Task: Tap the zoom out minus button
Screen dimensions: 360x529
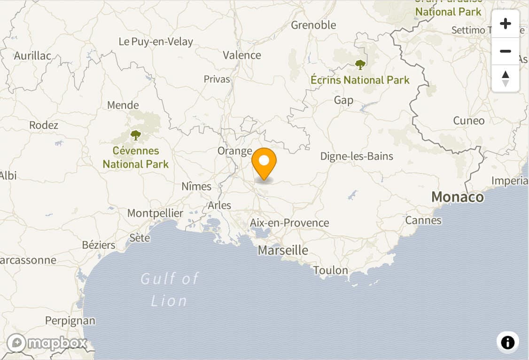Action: [x=506, y=51]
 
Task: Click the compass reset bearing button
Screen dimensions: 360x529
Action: [x=506, y=78]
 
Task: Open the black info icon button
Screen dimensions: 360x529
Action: [x=507, y=342]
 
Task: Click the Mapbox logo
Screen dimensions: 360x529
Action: [x=47, y=343]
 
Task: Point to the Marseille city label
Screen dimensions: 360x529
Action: [x=283, y=250]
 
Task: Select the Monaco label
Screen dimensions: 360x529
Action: [x=457, y=196]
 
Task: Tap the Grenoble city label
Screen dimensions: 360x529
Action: [x=313, y=25]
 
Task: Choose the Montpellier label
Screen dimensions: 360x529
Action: [x=155, y=213]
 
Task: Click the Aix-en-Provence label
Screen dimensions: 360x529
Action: [x=289, y=223]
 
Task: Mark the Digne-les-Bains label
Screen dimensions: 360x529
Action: [x=357, y=156]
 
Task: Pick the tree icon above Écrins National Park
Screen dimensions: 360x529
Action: [x=360, y=64]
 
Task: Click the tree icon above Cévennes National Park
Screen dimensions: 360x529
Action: [x=136, y=135]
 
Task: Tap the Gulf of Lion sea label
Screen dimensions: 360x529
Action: [x=170, y=289]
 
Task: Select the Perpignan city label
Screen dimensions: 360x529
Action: [x=70, y=321]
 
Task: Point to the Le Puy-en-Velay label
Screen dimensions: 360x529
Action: [x=156, y=41]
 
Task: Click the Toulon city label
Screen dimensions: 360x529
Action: [x=331, y=270]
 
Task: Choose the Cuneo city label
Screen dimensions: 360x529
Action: [x=468, y=120]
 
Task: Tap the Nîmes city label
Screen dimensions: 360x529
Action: [x=196, y=186]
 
